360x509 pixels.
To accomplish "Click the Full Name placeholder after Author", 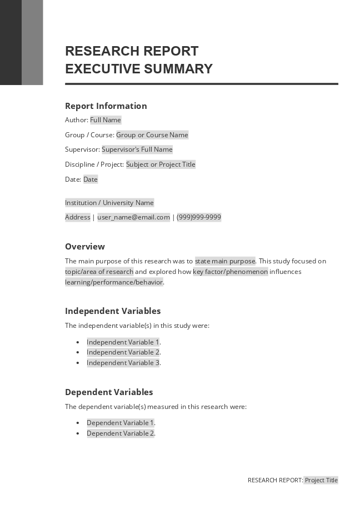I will tap(106, 120).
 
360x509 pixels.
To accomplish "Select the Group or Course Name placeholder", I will tap(152, 135).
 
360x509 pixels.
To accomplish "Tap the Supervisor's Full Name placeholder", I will tap(137, 149).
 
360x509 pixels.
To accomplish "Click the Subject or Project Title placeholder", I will tap(161, 164).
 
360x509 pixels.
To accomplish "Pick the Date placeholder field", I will tap(91, 179).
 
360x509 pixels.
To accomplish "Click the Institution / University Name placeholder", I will tap(109, 203).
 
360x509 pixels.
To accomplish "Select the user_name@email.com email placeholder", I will tap(134, 217).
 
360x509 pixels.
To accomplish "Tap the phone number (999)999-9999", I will tap(199, 217).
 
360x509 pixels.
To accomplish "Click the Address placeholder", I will tap(78, 217).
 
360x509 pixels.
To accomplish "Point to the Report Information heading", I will tap(106, 106).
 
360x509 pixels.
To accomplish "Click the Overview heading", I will tap(85, 247).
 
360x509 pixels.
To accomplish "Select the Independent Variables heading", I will tap(113, 311).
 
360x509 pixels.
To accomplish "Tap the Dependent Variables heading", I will tap(109, 392).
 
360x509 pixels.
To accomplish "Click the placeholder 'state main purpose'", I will tap(225, 261).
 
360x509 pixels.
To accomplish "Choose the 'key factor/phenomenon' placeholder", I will tap(231, 272).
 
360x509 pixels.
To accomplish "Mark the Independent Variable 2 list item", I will tap(123, 352).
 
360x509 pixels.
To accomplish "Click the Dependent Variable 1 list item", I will tap(121, 423).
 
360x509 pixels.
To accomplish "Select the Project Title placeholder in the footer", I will tap(321, 480).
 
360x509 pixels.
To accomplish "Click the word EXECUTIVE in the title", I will tap(103, 69).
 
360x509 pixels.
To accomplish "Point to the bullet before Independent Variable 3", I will tap(78, 363).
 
